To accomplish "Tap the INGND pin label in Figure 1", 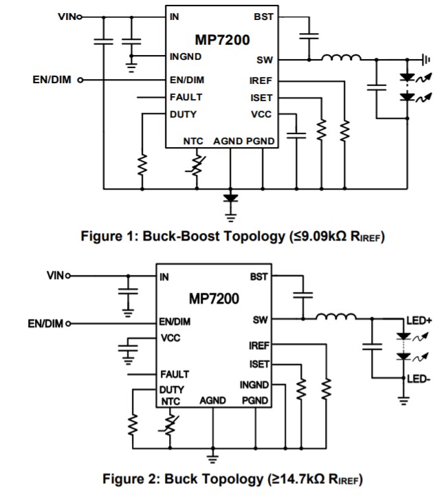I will pyautogui.click(x=186, y=56).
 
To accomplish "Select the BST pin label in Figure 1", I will pyautogui.click(x=263, y=16).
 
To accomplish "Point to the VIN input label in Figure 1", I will pyautogui.click(x=67, y=16).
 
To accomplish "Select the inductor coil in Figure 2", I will pyautogui.click(x=336, y=317).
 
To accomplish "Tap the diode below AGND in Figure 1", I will pyautogui.click(x=230, y=198).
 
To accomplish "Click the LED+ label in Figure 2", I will pyautogui.click(x=418, y=320).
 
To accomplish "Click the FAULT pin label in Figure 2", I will pyautogui.click(x=175, y=375).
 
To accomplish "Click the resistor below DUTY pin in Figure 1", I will pyautogui.click(x=142, y=164).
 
